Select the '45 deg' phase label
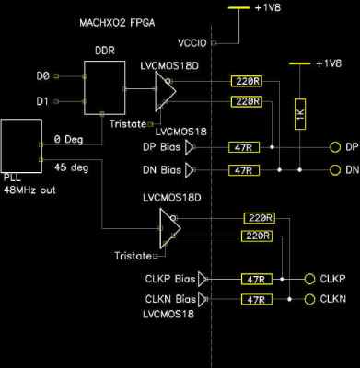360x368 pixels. click(69, 167)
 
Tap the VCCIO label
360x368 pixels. click(187, 42)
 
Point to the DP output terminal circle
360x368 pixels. click(334, 146)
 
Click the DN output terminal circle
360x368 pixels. click(334, 170)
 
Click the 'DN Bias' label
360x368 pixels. click(158, 170)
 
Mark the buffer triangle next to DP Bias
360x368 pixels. click(191, 146)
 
